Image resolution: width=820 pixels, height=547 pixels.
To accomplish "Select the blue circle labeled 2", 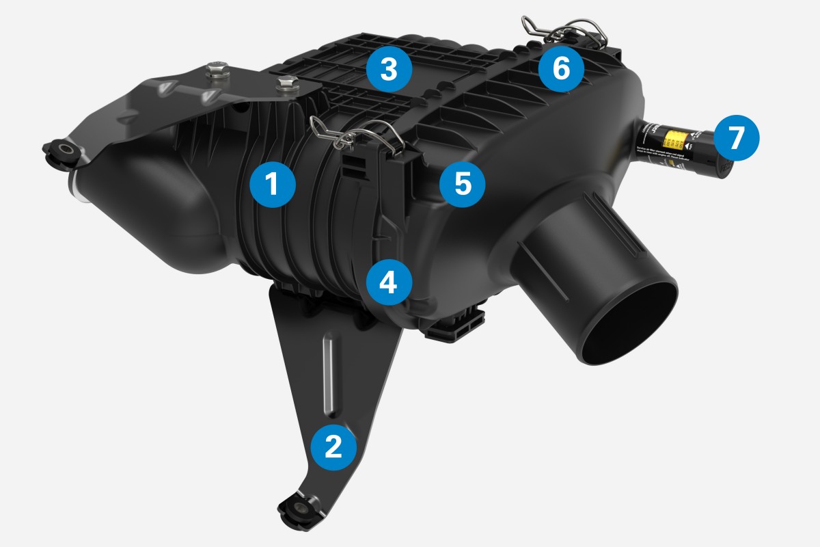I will pos(333,446).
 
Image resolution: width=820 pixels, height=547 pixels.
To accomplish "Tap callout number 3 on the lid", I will pos(388,70).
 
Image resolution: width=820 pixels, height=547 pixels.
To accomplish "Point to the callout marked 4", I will pos(388,283).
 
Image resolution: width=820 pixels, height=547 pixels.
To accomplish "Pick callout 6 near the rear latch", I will pos(560,70).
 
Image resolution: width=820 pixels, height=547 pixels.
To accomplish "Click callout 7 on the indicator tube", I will pos(735,137).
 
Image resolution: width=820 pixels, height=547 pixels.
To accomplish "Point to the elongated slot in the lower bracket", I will pos(330,373).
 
